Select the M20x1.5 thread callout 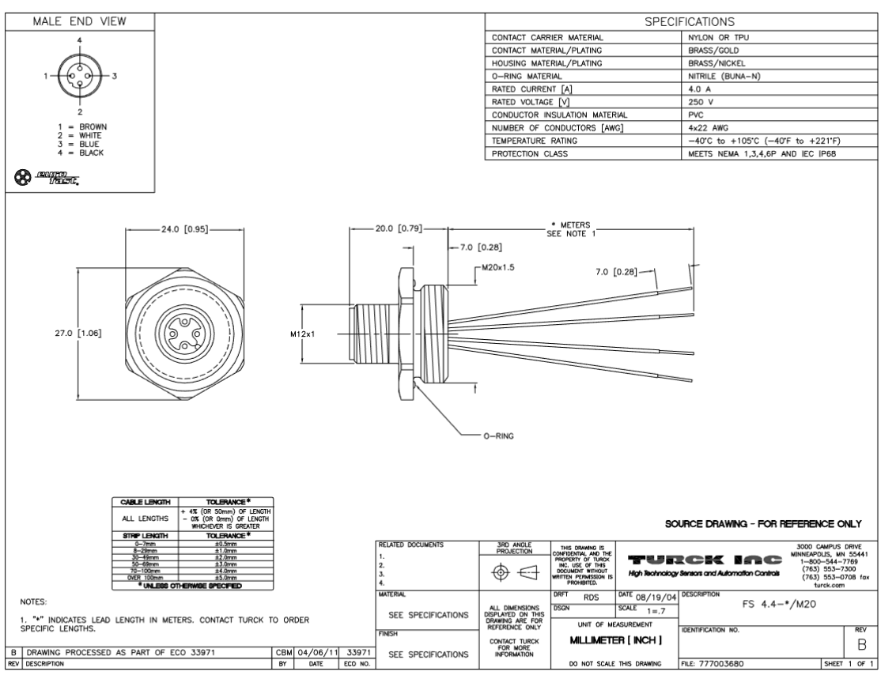(497, 268)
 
